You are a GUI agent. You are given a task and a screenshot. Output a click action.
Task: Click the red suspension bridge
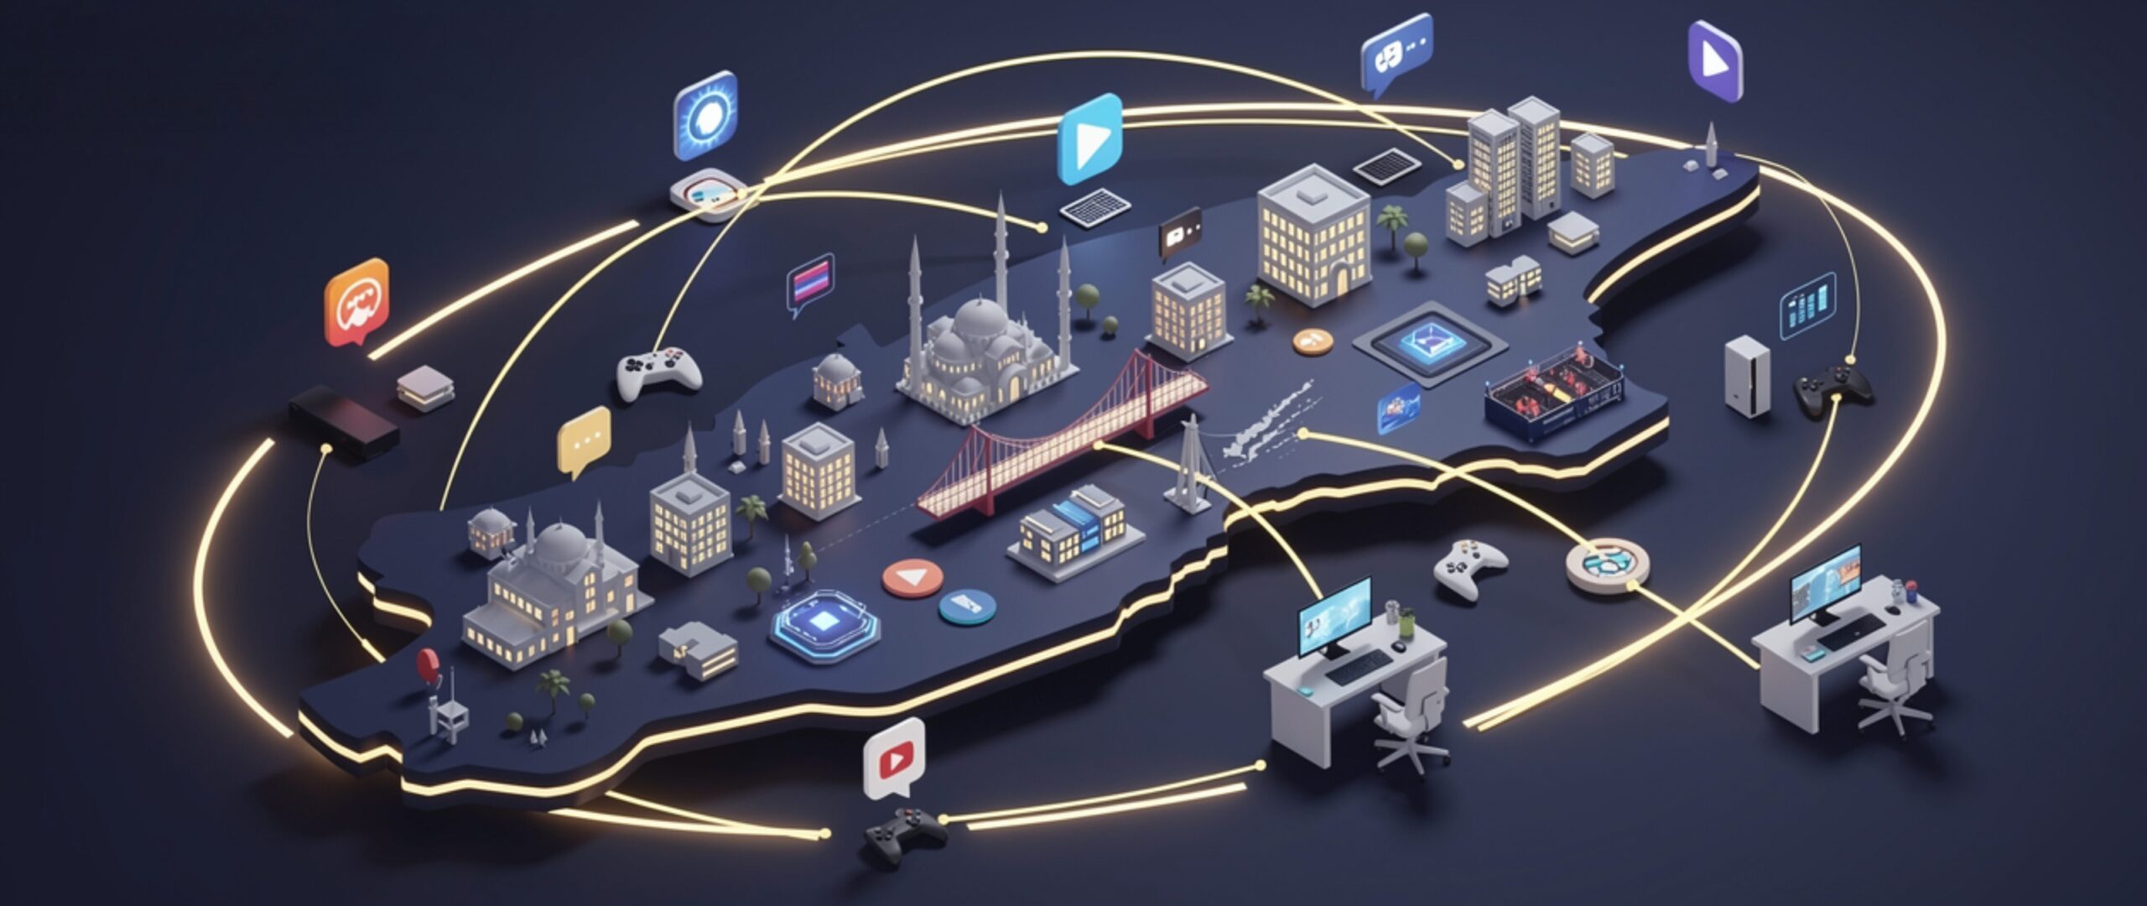click(x=1065, y=445)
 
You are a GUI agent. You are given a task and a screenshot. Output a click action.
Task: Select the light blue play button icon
click(x=1089, y=138)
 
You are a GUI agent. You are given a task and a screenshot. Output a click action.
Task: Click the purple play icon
click(x=1715, y=61)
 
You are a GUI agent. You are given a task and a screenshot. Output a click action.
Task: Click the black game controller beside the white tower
click(x=1832, y=388)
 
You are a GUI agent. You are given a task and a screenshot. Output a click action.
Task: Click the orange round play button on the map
click(x=912, y=577)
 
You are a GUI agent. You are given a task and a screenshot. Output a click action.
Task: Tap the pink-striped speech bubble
click(x=811, y=281)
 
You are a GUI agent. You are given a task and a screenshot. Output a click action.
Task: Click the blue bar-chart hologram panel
click(x=1807, y=307)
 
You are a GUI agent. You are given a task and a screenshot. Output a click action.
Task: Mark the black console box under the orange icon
click(x=343, y=421)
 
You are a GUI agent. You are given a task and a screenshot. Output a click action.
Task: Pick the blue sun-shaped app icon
click(x=705, y=116)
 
